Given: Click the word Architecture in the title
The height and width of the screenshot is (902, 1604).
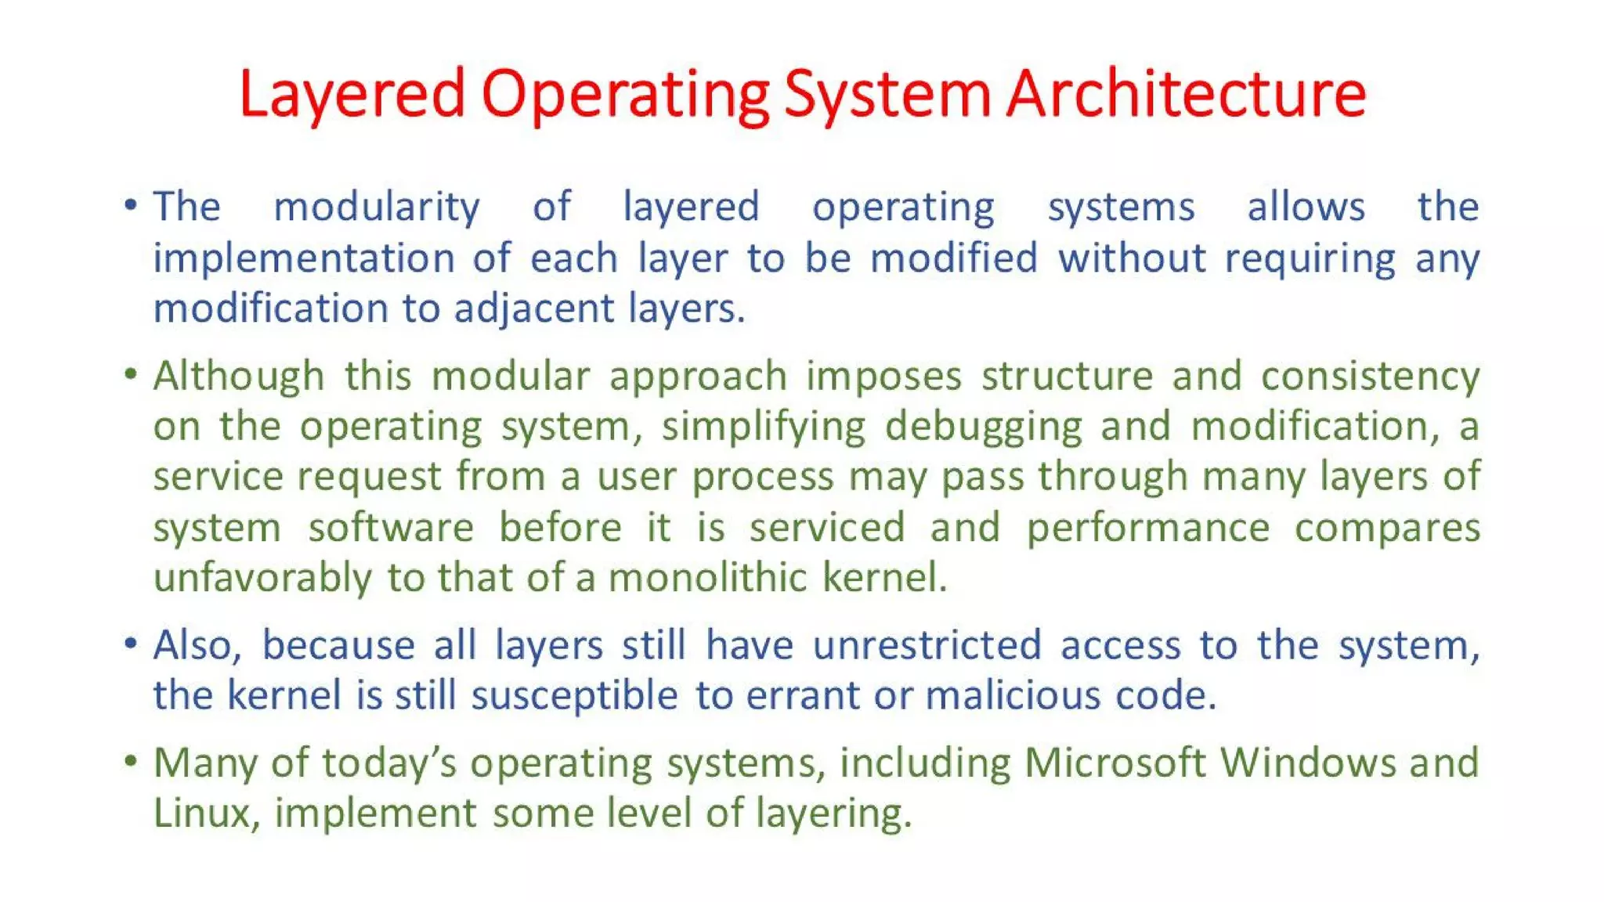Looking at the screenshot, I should (1186, 94).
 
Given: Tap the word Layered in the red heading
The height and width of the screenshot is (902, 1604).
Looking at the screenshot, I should (352, 94).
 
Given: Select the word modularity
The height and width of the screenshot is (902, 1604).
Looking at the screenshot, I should (376, 207).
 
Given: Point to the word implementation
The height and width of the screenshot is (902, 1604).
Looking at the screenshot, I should (304, 258).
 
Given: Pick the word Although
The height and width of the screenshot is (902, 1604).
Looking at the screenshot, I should (239, 376).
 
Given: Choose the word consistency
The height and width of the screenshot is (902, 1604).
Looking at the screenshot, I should (1370, 376).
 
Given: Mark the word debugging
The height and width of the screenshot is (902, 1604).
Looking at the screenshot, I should (983, 427).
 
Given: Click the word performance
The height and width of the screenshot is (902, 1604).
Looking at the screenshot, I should (1147, 527).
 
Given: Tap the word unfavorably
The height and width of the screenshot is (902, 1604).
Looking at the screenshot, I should (262, 578).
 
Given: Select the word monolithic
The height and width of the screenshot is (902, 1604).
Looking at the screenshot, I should (707, 578).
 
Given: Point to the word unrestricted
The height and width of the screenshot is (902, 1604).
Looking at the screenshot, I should (927, 645).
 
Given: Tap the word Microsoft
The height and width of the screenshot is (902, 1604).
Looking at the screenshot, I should (1114, 763).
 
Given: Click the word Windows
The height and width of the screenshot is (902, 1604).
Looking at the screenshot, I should (1307, 763).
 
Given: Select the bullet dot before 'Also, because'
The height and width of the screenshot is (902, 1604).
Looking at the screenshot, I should (131, 644).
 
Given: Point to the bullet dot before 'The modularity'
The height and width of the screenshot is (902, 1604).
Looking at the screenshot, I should (131, 206).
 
